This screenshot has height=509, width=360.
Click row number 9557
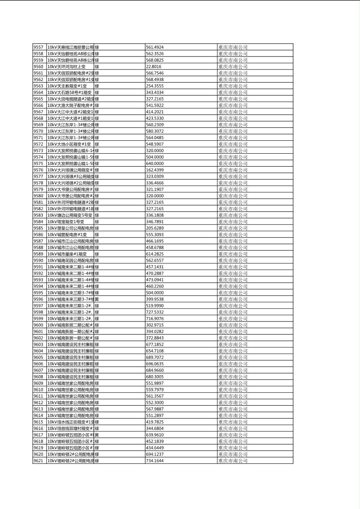pyautogui.click(x=38, y=47)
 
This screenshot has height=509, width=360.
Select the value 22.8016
pyautogui.click(x=153, y=67)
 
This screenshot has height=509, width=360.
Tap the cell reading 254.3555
pyautogui.click(x=155, y=86)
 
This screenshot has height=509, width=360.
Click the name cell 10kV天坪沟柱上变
pyautogui.click(x=67, y=67)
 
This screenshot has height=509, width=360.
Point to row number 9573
pyautogui.click(x=38, y=150)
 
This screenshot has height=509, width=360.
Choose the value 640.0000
pyautogui.click(x=155, y=163)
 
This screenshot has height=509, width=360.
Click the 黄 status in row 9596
pyautogui.click(x=97, y=299)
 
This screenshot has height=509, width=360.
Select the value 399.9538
pyautogui.click(x=155, y=299)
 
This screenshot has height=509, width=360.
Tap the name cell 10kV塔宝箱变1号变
pyautogui.click(x=66, y=221)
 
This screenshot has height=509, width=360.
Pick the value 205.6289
pyautogui.click(x=155, y=228)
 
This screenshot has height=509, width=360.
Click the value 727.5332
pyautogui.click(x=155, y=312)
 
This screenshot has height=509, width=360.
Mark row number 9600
pyautogui.click(x=38, y=325)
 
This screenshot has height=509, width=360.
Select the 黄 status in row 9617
pyautogui.click(x=97, y=435)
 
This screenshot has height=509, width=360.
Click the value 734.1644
pyautogui.click(x=155, y=461)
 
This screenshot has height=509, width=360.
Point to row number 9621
pyautogui.click(x=38, y=461)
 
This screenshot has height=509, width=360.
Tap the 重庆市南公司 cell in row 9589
pyautogui.click(x=233, y=254)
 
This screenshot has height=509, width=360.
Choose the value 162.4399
pyautogui.click(x=155, y=170)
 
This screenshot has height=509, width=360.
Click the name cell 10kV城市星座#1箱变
pyautogui.click(x=67, y=254)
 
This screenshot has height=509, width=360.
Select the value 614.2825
pyautogui.click(x=155, y=254)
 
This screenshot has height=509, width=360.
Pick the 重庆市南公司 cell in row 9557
pyautogui.click(x=233, y=47)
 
